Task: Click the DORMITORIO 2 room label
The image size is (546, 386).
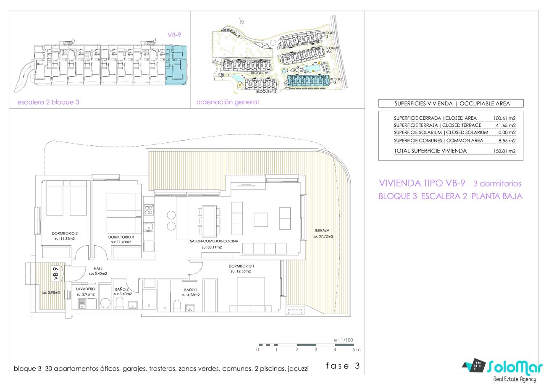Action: [65, 233]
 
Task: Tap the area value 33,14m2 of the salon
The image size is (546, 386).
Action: [212, 247]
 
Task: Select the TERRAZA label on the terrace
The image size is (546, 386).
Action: [322, 230]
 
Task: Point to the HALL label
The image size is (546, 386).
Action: [98, 268]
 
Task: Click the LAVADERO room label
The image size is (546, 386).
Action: [85, 289]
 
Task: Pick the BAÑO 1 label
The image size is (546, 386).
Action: [191, 290]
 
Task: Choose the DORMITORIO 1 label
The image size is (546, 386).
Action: [241, 266]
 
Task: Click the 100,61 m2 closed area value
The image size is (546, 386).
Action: [504, 118]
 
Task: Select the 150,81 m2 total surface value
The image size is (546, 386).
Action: [504, 151]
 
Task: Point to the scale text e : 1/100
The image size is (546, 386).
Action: [344, 340]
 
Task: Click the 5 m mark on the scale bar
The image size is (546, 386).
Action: [356, 349]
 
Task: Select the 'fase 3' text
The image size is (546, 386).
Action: [343, 366]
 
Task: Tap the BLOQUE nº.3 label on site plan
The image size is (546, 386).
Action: [336, 81]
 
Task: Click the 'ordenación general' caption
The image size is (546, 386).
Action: [227, 102]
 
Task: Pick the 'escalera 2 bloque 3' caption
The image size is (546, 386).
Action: [48, 102]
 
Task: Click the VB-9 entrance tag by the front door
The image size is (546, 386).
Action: [56, 274]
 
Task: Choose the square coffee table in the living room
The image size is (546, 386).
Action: [260, 220]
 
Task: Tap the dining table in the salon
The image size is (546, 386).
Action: [210, 221]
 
